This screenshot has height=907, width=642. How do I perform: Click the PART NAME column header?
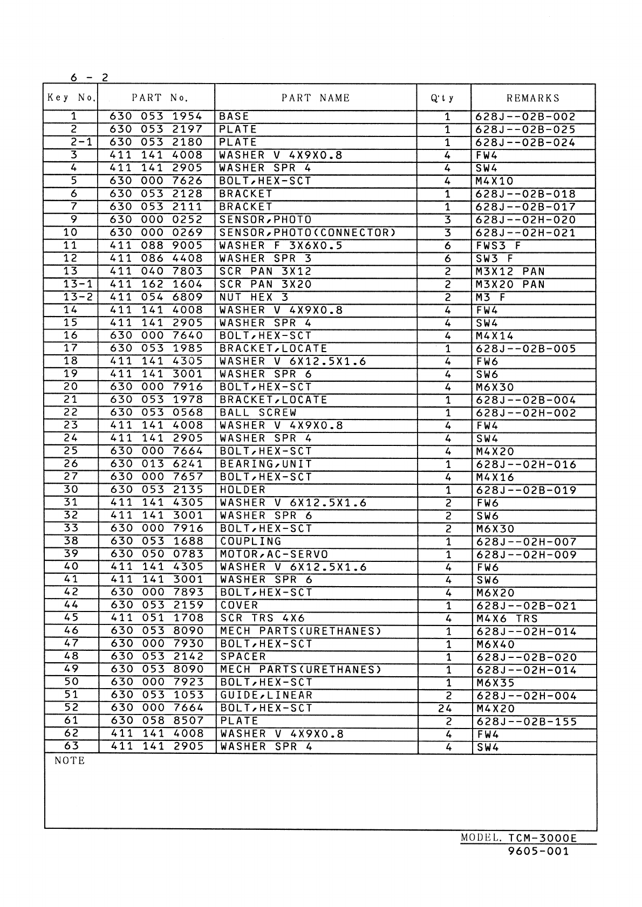(x=316, y=98)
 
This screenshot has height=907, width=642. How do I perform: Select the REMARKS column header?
(x=533, y=98)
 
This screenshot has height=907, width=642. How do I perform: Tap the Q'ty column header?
(x=442, y=98)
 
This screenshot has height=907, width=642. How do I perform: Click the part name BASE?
(x=234, y=116)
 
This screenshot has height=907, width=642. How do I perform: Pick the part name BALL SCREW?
(x=258, y=413)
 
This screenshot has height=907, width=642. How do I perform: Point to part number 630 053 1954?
(x=156, y=116)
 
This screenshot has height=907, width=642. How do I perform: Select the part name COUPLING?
(x=251, y=541)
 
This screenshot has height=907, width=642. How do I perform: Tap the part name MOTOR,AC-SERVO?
(x=274, y=554)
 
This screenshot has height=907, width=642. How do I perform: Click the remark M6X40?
(x=496, y=644)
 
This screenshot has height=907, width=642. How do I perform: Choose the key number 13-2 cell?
(x=71, y=297)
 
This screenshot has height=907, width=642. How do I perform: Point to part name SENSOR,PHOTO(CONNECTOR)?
(x=308, y=232)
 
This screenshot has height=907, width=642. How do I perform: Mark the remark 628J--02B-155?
(x=527, y=722)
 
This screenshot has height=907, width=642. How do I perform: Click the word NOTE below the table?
(x=70, y=761)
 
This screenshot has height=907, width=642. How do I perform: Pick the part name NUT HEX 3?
(x=254, y=297)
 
